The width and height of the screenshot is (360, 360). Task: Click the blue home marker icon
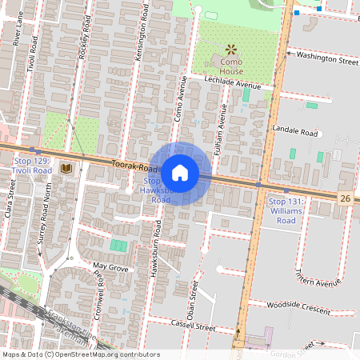coord(180,172)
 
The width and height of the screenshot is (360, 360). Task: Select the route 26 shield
coord(345,198)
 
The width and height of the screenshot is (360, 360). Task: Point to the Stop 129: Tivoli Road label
coord(33,166)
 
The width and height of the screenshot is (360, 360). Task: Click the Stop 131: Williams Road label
coord(286,210)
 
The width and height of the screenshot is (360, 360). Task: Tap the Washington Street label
coord(326,58)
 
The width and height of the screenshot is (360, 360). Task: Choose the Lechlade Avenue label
coord(233,85)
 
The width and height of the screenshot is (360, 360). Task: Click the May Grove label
coord(110,266)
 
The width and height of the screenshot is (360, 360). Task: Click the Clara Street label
coord(10,204)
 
